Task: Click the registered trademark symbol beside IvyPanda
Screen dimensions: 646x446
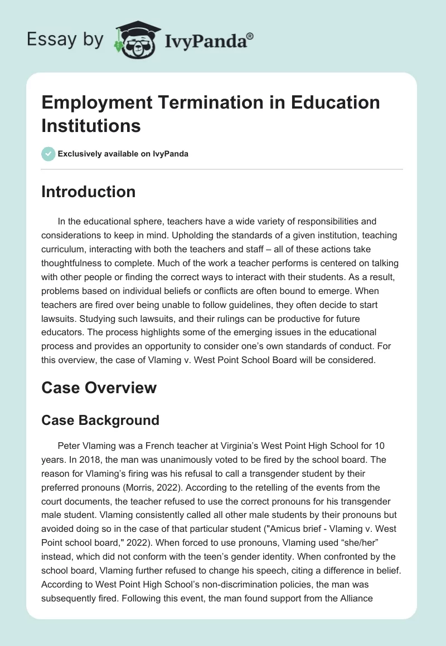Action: (x=250, y=36)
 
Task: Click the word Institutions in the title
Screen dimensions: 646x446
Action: (x=91, y=125)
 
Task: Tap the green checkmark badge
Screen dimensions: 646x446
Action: (x=49, y=154)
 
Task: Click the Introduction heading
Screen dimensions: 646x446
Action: (x=88, y=192)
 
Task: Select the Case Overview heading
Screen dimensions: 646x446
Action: (x=99, y=388)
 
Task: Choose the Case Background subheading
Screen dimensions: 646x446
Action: (x=100, y=420)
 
